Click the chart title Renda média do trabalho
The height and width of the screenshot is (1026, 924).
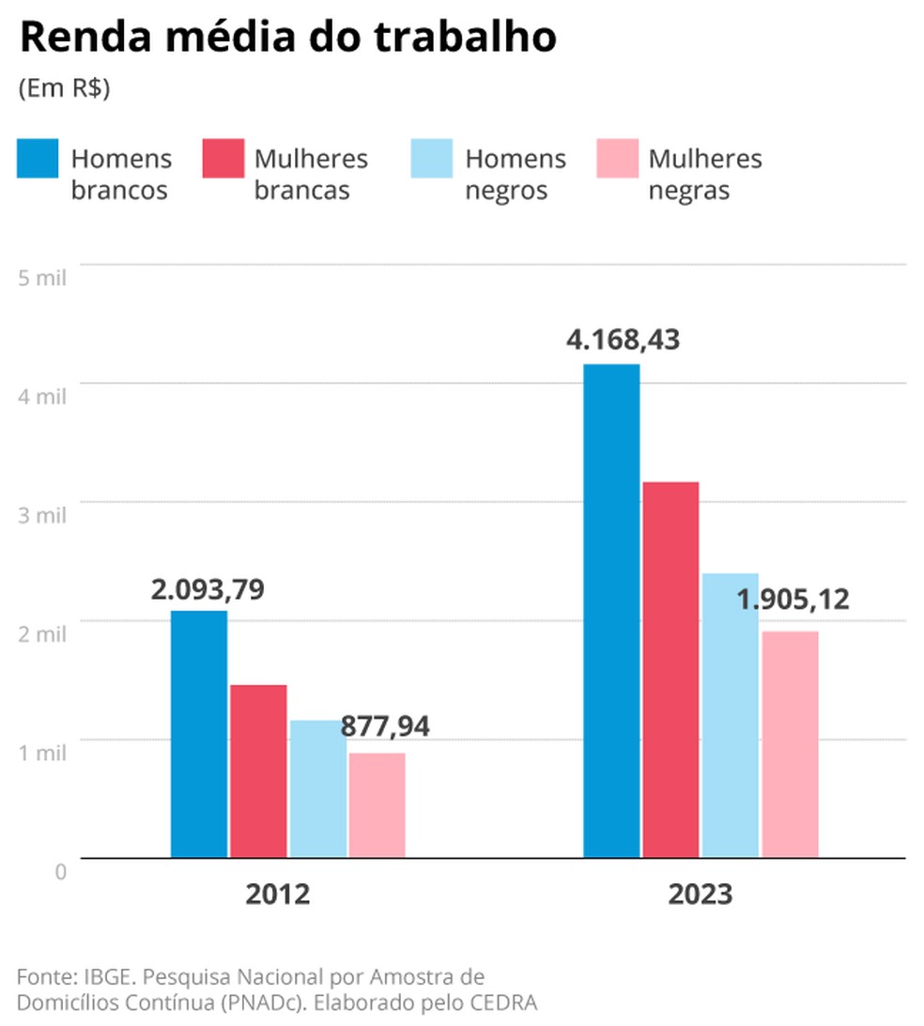pos(287,39)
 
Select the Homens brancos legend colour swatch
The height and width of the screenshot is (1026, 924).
pos(38,159)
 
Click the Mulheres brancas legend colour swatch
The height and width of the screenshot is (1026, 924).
pos(223,159)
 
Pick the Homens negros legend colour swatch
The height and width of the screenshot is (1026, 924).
pos(432,159)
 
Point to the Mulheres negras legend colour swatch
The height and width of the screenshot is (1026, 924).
pos(616,159)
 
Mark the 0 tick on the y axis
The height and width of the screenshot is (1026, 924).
pos(61,871)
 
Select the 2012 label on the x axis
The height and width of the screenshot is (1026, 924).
pos(278,894)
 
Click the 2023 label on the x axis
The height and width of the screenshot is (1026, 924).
pos(701,894)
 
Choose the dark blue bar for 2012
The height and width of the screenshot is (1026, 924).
pos(199,734)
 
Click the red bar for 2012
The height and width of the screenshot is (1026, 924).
pos(258,770)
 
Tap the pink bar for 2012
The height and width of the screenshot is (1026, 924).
pos(377,804)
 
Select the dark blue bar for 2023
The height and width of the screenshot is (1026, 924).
pos(611,611)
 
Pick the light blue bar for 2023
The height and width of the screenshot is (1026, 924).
pos(730,715)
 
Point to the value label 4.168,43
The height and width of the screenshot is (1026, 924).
pos(623,338)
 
